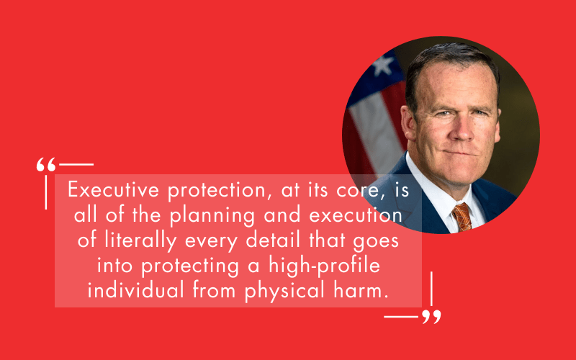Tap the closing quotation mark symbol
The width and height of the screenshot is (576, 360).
click(x=431, y=318)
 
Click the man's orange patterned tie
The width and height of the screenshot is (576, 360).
click(x=462, y=216)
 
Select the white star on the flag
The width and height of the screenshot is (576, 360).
click(x=380, y=67)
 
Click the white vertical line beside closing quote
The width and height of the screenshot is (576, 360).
click(x=431, y=289)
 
